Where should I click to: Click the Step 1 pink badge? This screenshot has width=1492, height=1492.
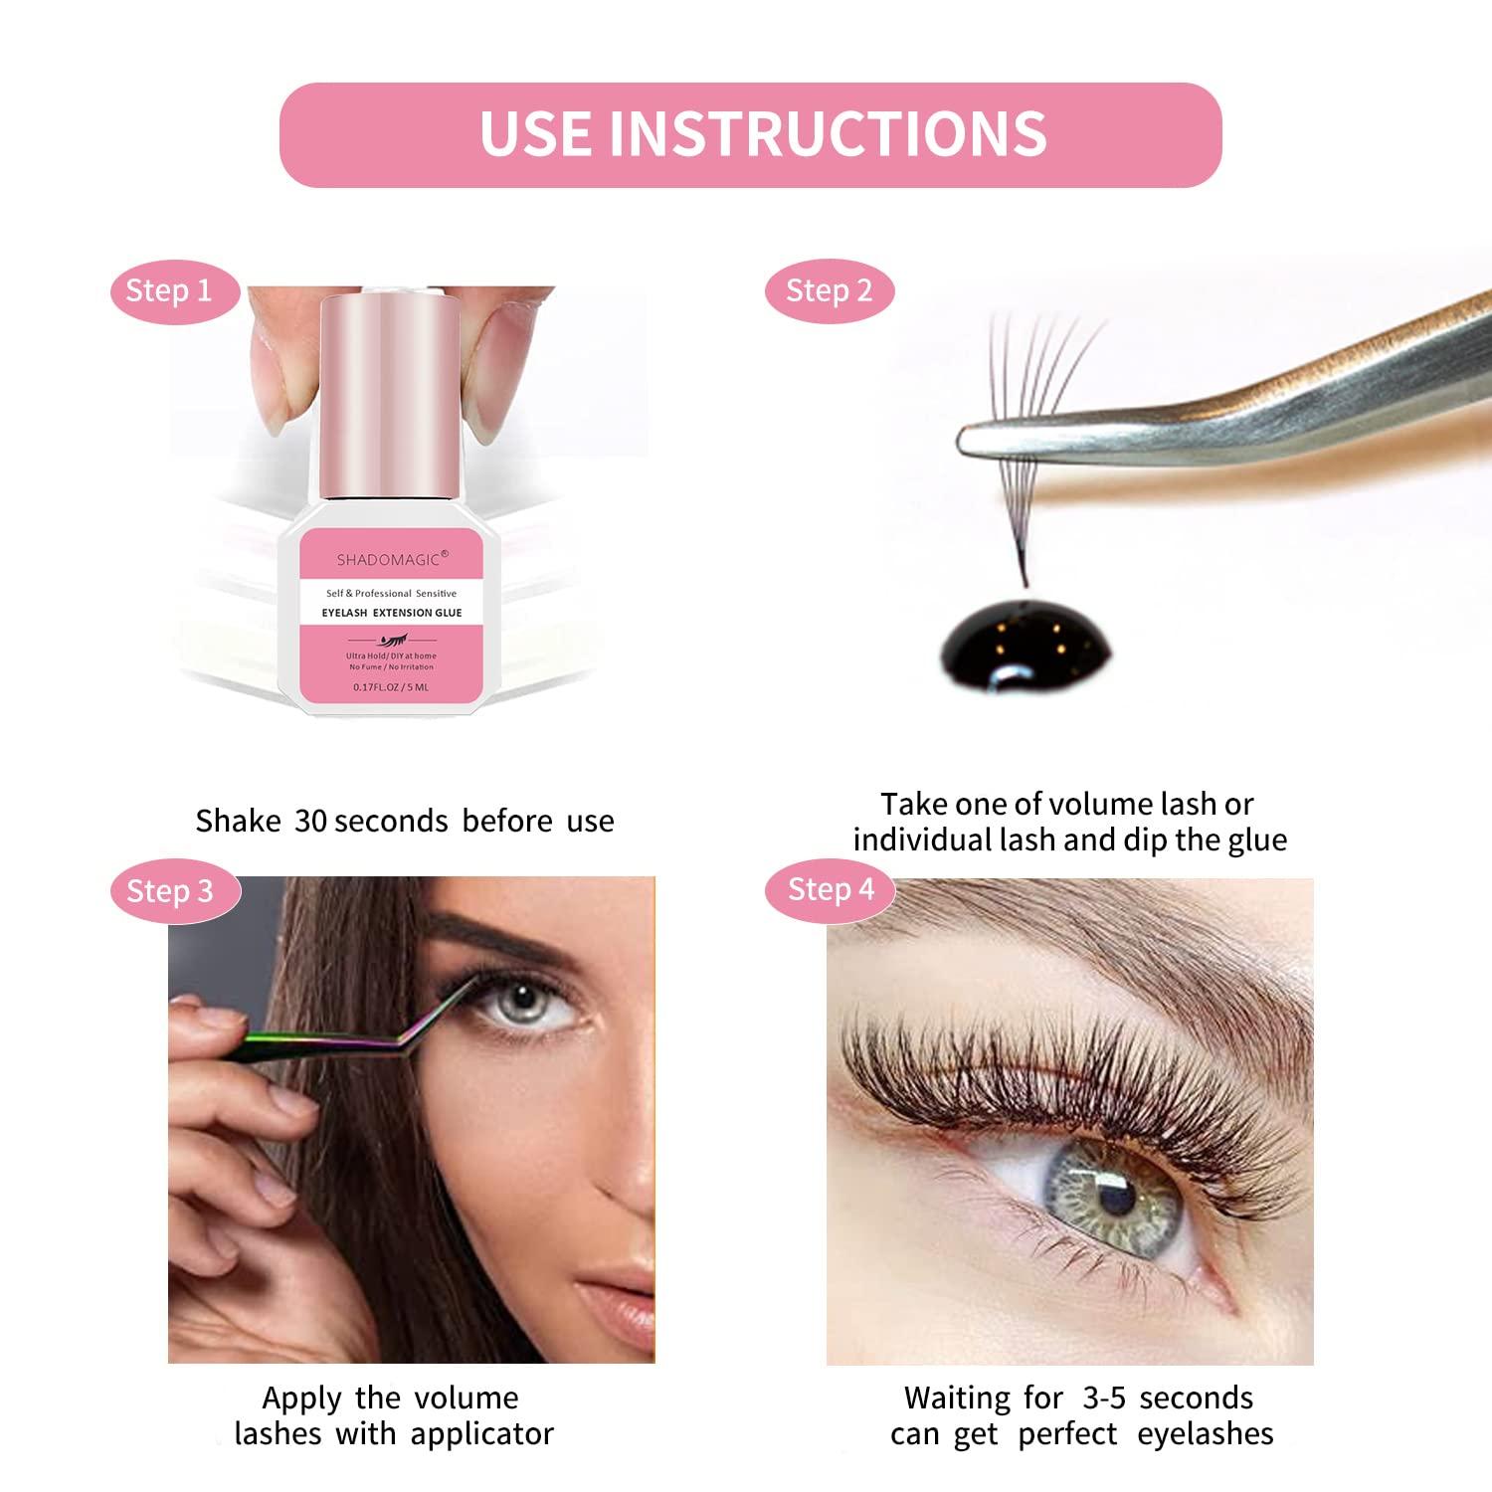[170, 291]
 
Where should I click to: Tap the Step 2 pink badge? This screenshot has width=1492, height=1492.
[829, 291]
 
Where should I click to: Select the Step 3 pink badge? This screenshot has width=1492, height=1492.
[170, 891]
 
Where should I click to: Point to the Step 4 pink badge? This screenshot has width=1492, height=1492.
[831, 889]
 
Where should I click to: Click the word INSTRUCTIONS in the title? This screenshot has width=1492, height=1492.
[828, 133]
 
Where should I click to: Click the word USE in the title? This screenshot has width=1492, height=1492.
[536, 133]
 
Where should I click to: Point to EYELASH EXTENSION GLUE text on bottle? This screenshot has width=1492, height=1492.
[392, 613]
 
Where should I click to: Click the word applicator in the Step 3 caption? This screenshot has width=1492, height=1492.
[481, 1434]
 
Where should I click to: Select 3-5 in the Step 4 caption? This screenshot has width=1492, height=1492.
[1104, 1399]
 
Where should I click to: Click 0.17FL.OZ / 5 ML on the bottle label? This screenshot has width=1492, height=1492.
[391, 687]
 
